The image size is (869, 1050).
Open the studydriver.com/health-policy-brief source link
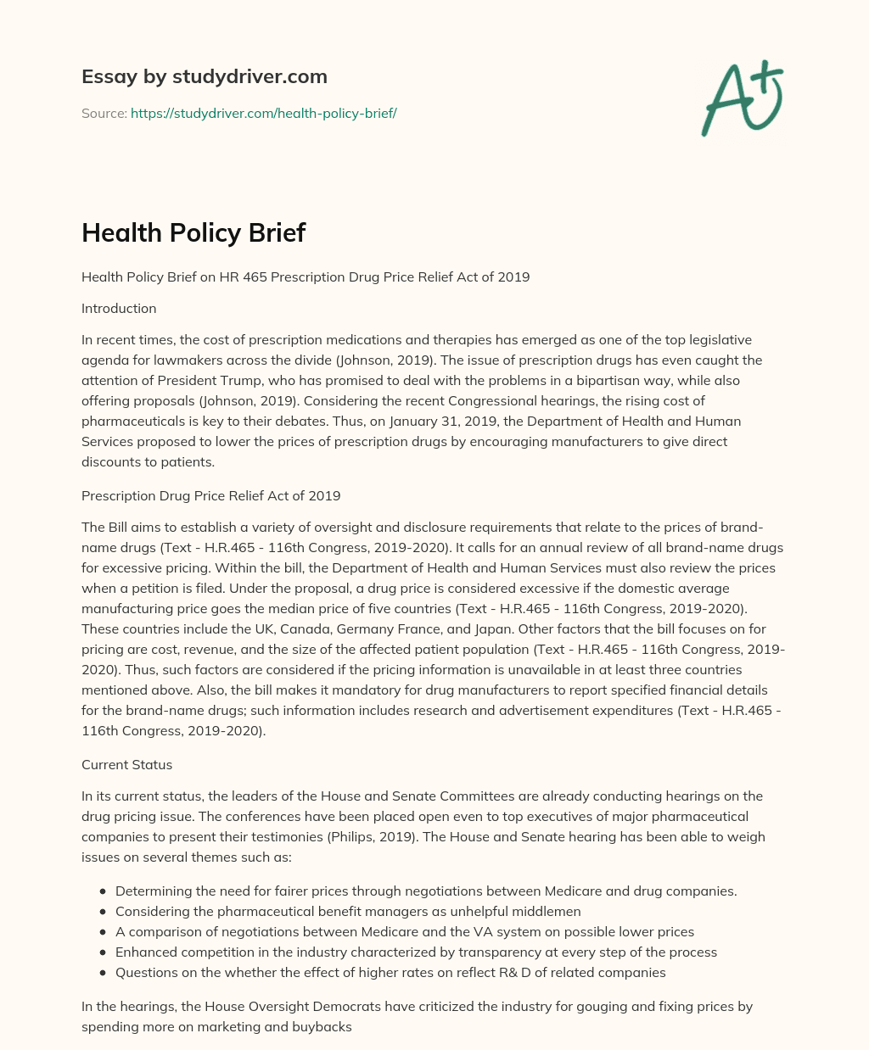click(263, 113)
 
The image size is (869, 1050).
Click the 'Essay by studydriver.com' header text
click(204, 76)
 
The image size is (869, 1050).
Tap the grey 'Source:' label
click(104, 113)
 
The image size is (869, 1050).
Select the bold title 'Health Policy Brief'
click(193, 232)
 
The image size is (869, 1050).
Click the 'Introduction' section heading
click(119, 308)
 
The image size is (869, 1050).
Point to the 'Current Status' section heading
click(126, 764)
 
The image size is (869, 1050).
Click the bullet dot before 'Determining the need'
click(103, 891)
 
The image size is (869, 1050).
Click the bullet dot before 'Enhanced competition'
click(103, 952)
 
